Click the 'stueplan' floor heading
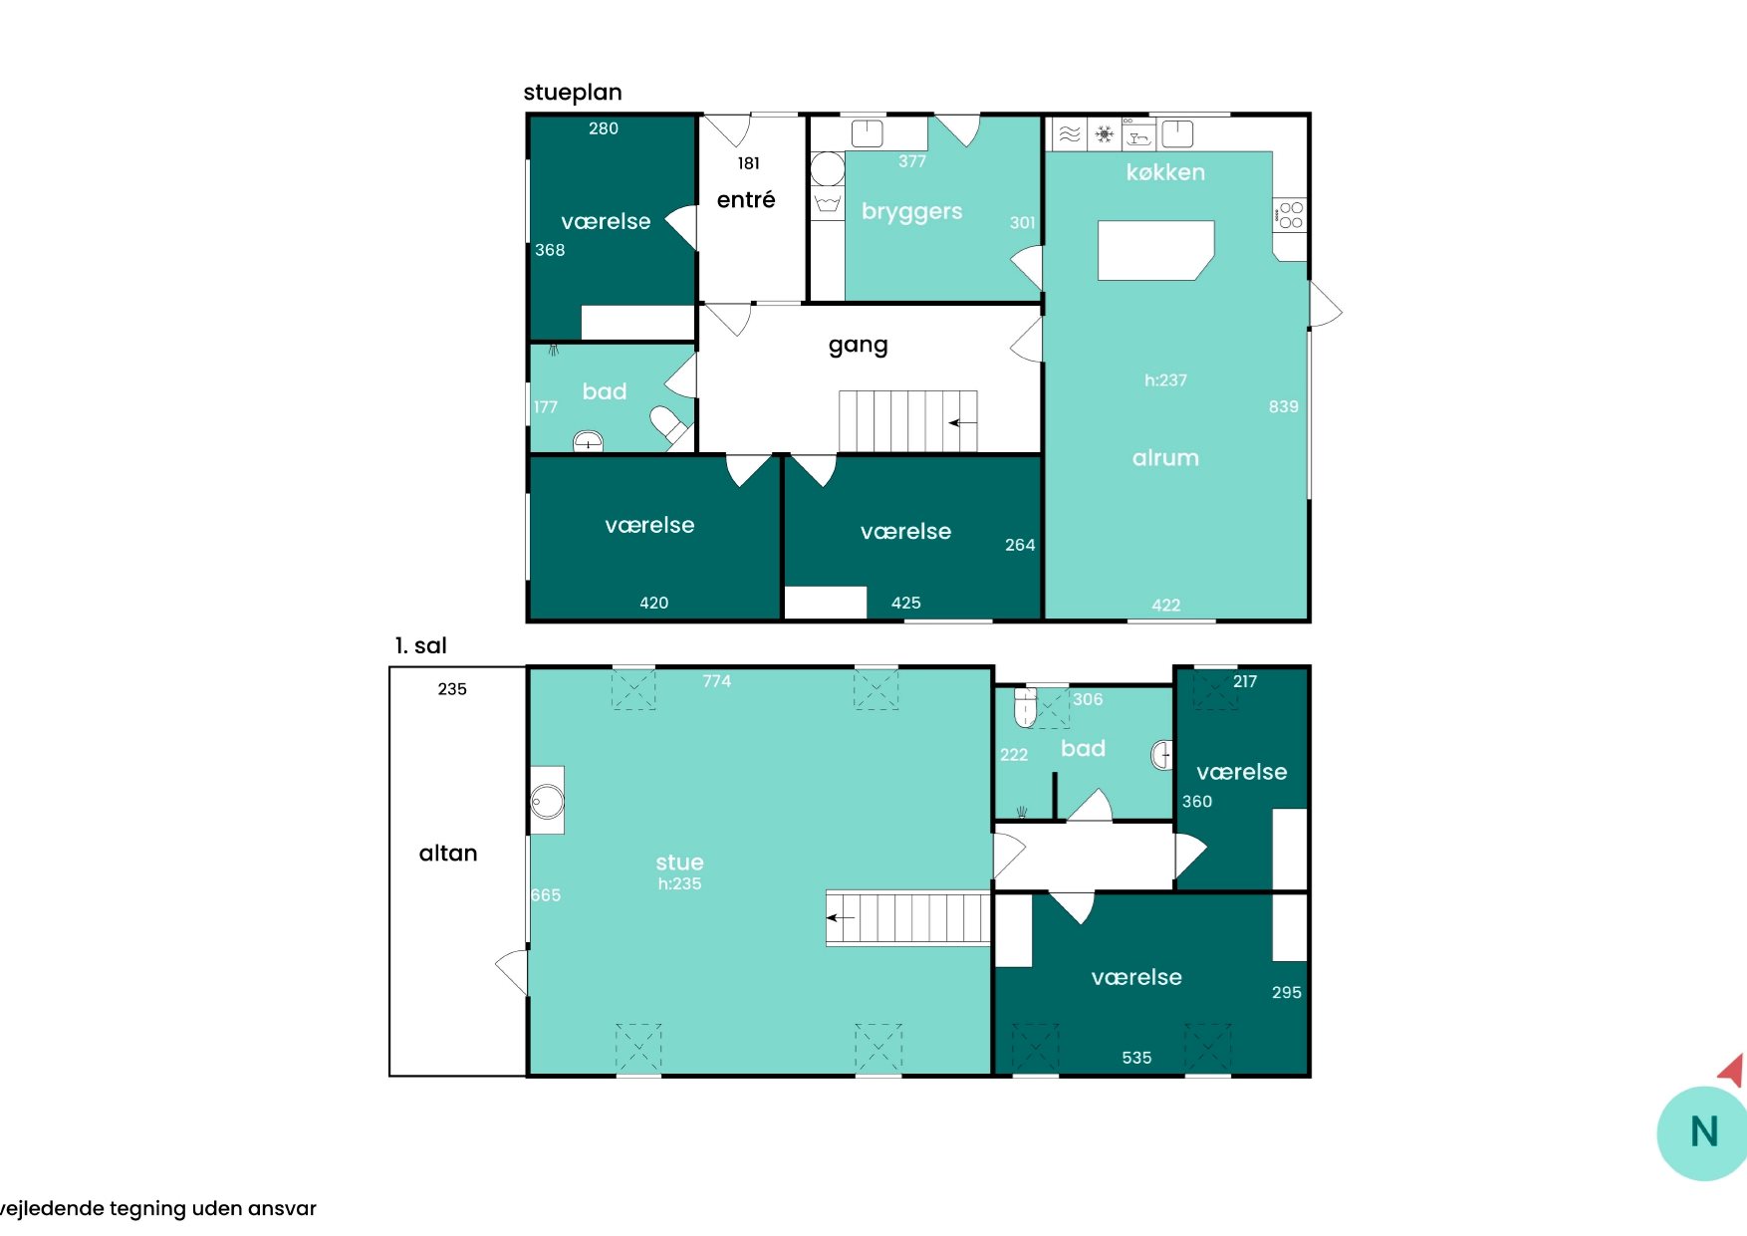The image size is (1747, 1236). click(x=573, y=93)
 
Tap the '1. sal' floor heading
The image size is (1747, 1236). click(x=420, y=645)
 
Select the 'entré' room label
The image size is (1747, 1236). click(x=746, y=199)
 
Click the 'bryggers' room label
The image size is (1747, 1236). click(x=912, y=212)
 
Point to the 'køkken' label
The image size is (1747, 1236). click(x=1165, y=172)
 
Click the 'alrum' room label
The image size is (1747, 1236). click(x=1165, y=458)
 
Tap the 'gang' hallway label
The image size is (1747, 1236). click(x=858, y=346)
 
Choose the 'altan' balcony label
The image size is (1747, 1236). click(x=448, y=854)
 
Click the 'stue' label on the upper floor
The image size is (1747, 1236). click(x=679, y=863)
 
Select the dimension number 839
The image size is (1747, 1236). click(x=1283, y=406)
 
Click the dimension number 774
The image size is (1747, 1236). click(x=717, y=681)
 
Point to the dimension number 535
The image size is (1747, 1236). click(x=1136, y=1058)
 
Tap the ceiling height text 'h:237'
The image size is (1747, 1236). click(x=1165, y=380)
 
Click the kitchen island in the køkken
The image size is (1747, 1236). click(x=1155, y=250)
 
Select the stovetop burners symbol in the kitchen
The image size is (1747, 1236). click(x=1291, y=215)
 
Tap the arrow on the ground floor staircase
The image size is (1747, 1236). click(x=962, y=423)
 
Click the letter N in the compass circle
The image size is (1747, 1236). click(x=1704, y=1132)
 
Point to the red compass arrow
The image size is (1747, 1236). click(x=1733, y=1071)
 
